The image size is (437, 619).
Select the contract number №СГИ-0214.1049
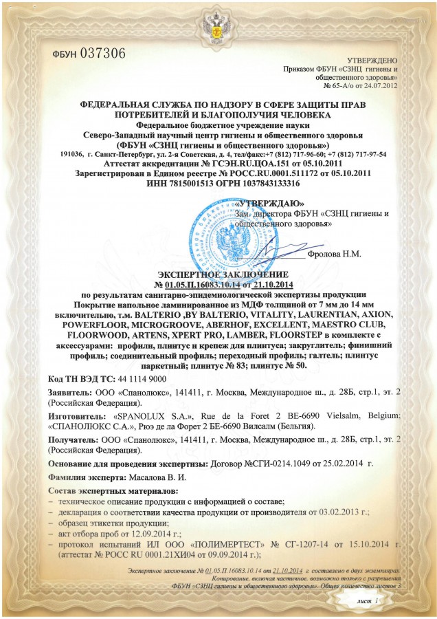click(x=276, y=465)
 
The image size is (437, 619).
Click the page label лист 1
click(x=368, y=601)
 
